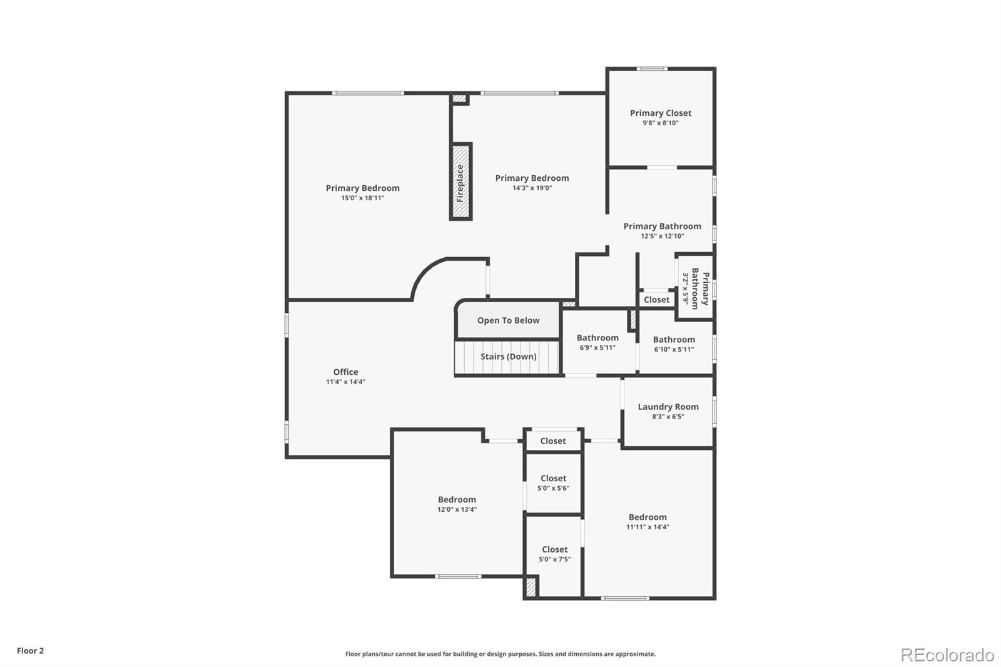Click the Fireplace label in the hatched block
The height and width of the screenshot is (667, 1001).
pyautogui.click(x=460, y=182)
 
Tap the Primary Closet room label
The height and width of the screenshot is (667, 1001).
pyautogui.click(x=661, y=113)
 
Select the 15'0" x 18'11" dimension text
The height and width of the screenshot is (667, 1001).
pyautogui.click(x=362, y=198)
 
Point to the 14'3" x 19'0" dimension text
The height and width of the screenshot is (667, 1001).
pyautogui.click(x=532, y=188)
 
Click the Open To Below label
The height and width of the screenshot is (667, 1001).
pyautogui.click(x=508, y=320)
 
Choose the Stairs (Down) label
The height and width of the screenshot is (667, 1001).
pyautogui.click(x=508, y=357)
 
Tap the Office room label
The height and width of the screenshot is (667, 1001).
pyautogui.click(x=345, y=372)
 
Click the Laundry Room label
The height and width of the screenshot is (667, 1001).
pyautogui.click(x=668, y=407)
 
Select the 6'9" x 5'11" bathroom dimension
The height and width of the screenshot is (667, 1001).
pyautogui.click(x=597, y=348)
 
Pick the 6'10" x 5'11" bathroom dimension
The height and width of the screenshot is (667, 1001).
pyautogui.click(x=674, y=350)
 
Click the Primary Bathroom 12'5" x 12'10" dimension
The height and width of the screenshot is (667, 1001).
pyautogui.click(x=662, y=237)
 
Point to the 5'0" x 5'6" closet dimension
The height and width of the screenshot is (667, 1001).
pyautogui.click(x=553, y=489)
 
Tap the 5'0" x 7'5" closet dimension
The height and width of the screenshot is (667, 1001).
pyautogui.click(x=554, y=559)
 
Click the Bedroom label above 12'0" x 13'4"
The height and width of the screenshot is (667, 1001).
pyautogui.click(x=457, y=499)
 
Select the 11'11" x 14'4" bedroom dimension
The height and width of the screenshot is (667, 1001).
pyautogui.click(x=648, y=527)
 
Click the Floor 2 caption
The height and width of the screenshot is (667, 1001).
pyautogui.click(x=30, y=651)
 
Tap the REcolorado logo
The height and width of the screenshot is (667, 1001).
pyautogui.click(x=947, y=654)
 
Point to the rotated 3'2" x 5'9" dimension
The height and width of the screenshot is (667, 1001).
pyautogui.click(x=686, y=288)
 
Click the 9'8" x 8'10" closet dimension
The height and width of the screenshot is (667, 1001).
pyautogui.click(x=661, y=123)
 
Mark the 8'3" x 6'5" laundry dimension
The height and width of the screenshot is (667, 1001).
pyautogui.click(x=668, y=417)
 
